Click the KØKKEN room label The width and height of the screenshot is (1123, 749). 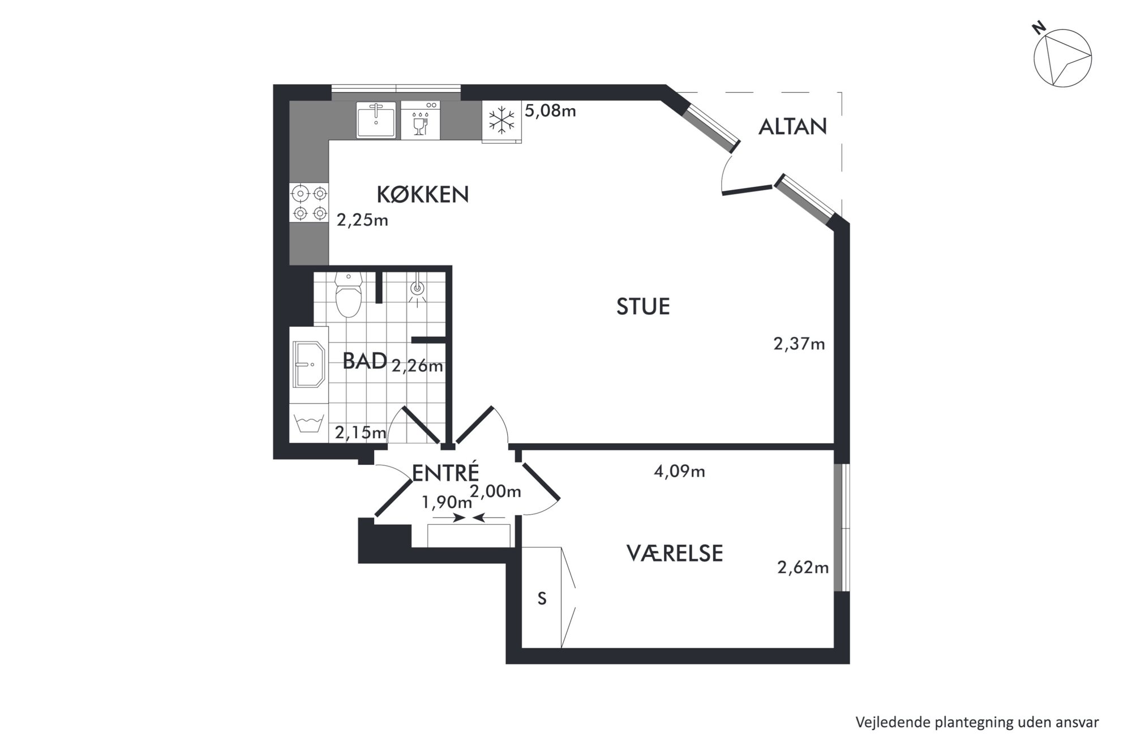point(423,194)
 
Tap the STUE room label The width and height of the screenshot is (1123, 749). point(643,306)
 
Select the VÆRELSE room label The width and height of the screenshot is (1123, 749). point(675,553)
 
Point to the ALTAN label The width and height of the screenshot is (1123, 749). point(792,127)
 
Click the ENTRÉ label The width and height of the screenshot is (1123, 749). point(445,472)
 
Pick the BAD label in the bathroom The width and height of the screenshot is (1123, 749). point(365,361)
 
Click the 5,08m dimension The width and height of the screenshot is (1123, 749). point(550,110)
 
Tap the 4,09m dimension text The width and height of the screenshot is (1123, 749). point(679,471)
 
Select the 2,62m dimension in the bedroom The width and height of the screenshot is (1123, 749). point(803,567)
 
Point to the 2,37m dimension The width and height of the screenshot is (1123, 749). point(799,344)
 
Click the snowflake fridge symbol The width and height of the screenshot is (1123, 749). point(502,121)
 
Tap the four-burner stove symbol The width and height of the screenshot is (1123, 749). point(309,203)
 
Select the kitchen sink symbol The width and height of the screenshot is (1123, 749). point(376,120)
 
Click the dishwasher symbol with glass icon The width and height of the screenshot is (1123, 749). point(420,121)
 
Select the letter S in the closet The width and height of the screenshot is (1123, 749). point(542,598)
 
